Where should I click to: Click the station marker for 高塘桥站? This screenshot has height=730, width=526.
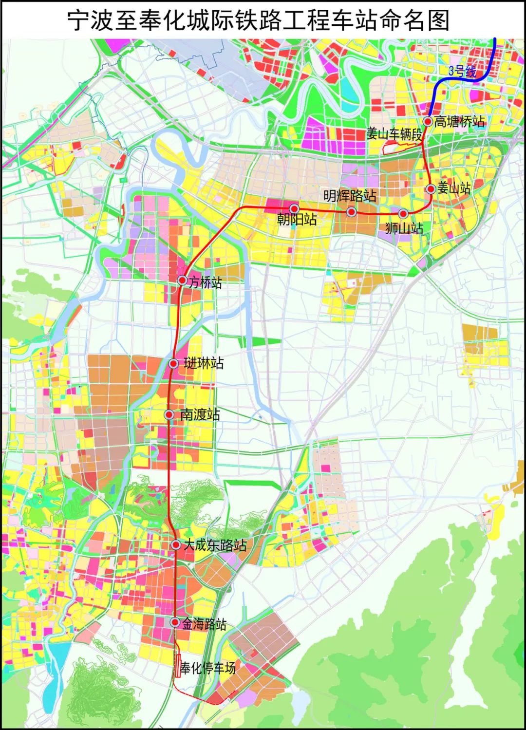coord(428,122)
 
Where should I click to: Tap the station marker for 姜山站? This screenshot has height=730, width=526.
coord(431,189)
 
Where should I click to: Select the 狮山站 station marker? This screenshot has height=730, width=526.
coord(403,213)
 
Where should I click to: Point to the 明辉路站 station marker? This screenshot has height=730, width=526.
coord(351,212)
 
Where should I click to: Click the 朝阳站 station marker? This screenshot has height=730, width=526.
coord(294,209)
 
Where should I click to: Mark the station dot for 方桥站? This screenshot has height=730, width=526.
coord(182,280)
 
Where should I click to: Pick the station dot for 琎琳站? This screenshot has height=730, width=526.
coord(173,363)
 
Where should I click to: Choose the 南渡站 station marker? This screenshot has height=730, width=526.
coord(169,415)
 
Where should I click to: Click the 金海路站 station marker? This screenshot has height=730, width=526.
coord(174,622)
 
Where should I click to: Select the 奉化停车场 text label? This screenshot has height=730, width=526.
coord(208,668)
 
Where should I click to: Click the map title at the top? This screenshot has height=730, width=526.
coord(258,20)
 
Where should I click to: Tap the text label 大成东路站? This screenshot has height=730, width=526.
coord(215,545)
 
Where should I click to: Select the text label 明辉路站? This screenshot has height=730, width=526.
coord(350,196)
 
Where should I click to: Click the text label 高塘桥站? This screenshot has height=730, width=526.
coord(459,121)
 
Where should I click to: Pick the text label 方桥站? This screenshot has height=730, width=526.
coord(206,282)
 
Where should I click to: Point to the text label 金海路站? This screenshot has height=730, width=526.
coord(204,624)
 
